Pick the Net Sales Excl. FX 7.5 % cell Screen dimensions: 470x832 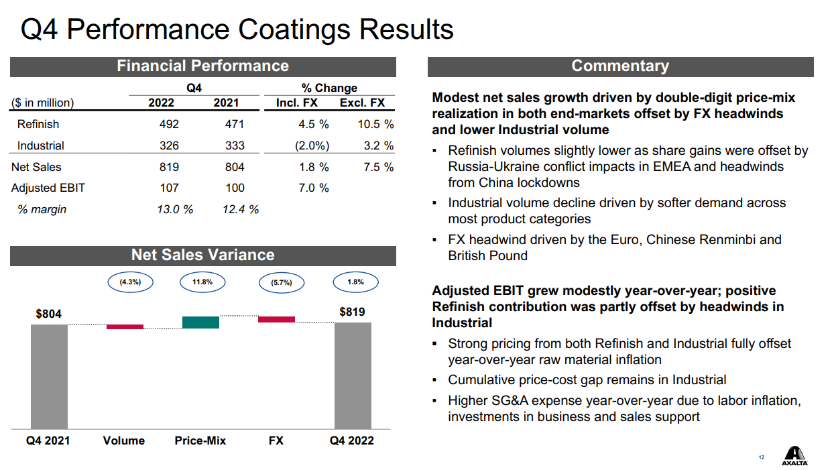coord(378,167)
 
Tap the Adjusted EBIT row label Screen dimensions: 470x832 coord(48,188)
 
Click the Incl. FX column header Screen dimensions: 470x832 coord(296,103)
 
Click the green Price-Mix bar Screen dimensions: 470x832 coord(200,322)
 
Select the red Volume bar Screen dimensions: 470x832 coord(125,327)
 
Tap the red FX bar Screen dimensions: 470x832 coord(276,319)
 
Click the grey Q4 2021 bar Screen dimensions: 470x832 coord(49,376)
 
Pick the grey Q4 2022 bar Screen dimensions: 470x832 coord(353,375)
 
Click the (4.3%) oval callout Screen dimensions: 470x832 coord(130,282)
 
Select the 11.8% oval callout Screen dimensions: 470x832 coord(202,282)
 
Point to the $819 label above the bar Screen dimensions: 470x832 coord(352,312)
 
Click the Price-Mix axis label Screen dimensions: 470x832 coord(200,440)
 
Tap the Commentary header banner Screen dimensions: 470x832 coord(620,66)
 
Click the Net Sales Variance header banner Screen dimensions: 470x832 coord(202,255)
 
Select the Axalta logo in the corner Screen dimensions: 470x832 coord(794,455)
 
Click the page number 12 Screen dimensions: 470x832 coord(761,457)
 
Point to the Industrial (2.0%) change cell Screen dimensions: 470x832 coord(312,145)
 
